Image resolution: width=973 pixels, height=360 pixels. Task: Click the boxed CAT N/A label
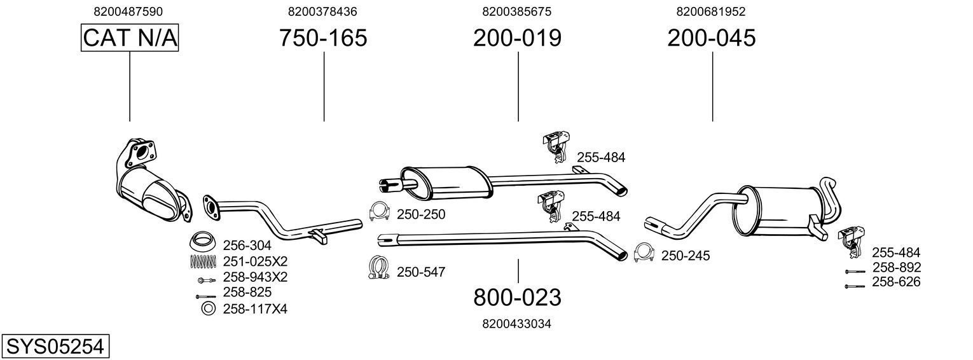(x=130, y=38)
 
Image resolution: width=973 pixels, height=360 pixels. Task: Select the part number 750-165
(x=323, y=38)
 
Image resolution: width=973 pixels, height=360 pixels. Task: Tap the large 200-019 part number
(x=517, y=38)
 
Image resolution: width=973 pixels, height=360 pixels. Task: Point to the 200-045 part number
(x=711, y=38)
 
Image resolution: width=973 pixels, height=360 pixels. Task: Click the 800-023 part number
(x=517, y=297)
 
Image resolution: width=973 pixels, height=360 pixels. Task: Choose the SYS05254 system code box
(x=55, y=347)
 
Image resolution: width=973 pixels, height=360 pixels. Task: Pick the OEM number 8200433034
(x=516, y=324)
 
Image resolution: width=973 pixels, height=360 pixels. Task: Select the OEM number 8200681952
(x=711, y=11)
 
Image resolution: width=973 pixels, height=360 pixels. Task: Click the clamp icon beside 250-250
(x=380, y=212)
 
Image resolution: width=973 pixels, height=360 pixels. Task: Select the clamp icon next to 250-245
(x=644, y=254)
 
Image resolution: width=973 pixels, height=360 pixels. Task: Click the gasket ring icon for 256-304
(x=202, y=242)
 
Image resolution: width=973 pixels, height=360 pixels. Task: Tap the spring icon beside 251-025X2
(x=202, y=261)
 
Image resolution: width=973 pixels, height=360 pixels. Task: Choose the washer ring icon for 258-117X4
(x=207, y=309)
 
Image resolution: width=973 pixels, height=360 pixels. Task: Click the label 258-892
(x=896, y=268)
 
